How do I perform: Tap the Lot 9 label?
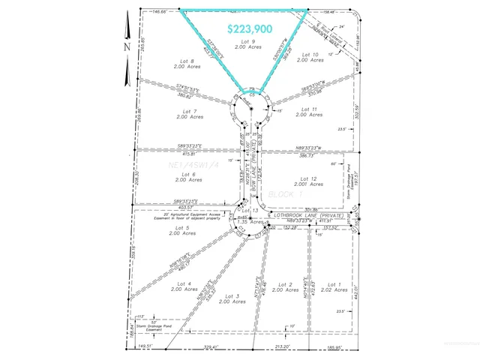(x=248, y=42)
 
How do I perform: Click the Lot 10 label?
(x=309, y=55)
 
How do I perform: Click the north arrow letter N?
(x=127, y=46)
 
